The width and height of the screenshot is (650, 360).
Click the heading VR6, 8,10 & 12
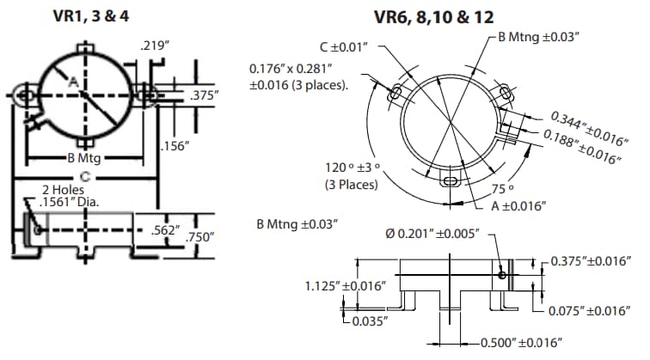433,16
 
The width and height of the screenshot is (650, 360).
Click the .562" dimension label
162,230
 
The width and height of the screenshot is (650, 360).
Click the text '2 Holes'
62,189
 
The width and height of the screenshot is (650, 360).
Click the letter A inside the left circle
74,81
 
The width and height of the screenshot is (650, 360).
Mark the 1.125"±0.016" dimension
344,285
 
